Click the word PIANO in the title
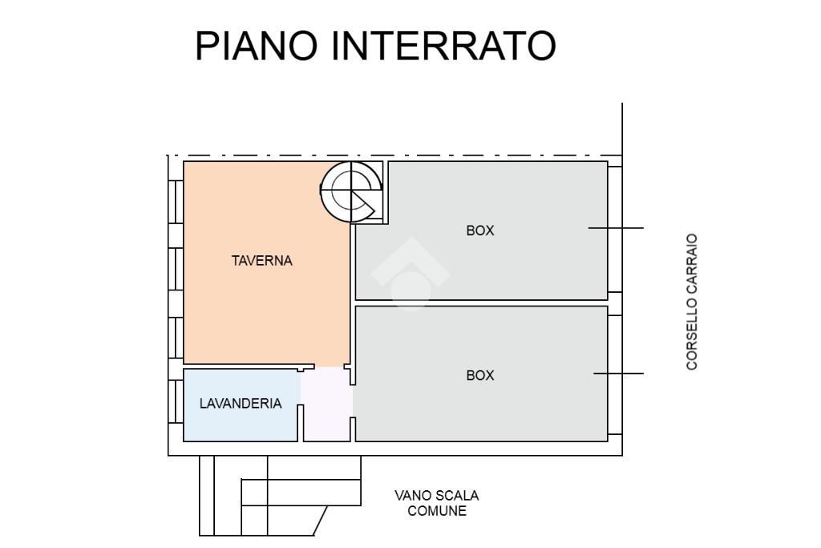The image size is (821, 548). (x=257, y=46)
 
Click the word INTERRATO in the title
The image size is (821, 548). (x=443, y=46)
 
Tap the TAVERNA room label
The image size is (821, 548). (x=262, y=261)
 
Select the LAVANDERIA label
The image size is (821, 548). (x=241, y=404)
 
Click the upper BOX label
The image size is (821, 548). (x=480, y=230)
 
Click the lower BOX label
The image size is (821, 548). (x=480, y=375)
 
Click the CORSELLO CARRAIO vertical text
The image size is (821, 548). (x=692, y=302)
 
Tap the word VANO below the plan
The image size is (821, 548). (x=413, y=495)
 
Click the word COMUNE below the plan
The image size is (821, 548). (x=437, y=511)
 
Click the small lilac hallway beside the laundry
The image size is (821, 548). (x=327, y=404)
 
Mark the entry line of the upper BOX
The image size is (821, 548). (x=616, y=228)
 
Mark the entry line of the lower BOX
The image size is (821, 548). (x=618, y=374)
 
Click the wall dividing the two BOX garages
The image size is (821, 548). (x=482, y=302)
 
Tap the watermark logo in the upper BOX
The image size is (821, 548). (x=410, y=274)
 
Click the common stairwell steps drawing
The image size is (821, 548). (x=280, y=496)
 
